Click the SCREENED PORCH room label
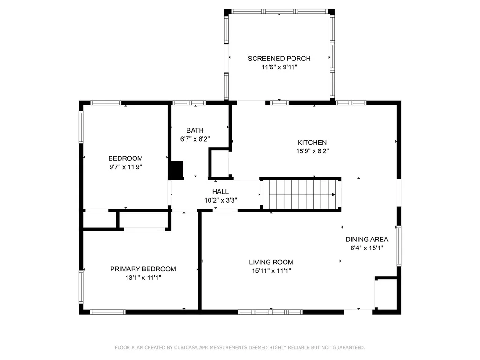279,59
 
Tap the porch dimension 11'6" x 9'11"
279,67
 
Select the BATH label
195,130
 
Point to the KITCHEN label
312,142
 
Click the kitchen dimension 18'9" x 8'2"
312,151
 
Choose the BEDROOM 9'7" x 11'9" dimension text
126,166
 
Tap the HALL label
220,192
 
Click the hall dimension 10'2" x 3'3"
220,200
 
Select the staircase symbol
300,195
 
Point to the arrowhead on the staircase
333,195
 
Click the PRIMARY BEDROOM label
143,269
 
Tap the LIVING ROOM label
271,262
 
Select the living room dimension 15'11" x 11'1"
271,270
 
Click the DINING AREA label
367,240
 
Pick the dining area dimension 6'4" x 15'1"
367,248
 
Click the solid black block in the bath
176,170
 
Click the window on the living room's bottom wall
270,312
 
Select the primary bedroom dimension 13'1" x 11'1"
143,277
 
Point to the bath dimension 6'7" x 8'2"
195,139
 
